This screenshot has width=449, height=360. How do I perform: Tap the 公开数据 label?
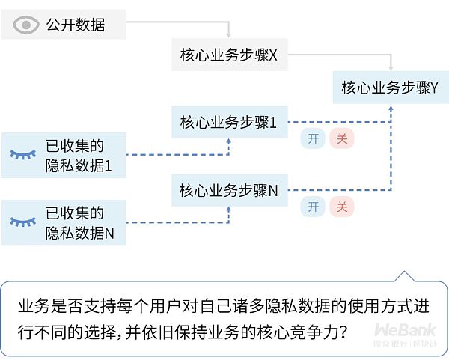[x=76, y=25]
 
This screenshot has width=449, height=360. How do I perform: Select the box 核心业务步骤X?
[x=228, y=55]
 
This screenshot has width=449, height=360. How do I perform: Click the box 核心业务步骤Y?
[x=390, y=88]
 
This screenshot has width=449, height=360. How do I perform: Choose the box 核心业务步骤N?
[x=228, y=190]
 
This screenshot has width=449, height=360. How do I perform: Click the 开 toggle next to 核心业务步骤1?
[x=313, y=138]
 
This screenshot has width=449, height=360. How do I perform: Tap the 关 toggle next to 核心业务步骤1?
[x=341, y=138]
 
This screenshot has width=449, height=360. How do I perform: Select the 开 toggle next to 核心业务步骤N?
[x=313, y=207]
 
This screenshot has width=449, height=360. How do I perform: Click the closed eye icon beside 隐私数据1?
[x=23, y=154]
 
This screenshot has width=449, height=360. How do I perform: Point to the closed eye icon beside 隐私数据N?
[x=23, y=222]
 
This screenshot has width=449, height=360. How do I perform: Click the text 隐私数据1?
[x=78, y=164]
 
